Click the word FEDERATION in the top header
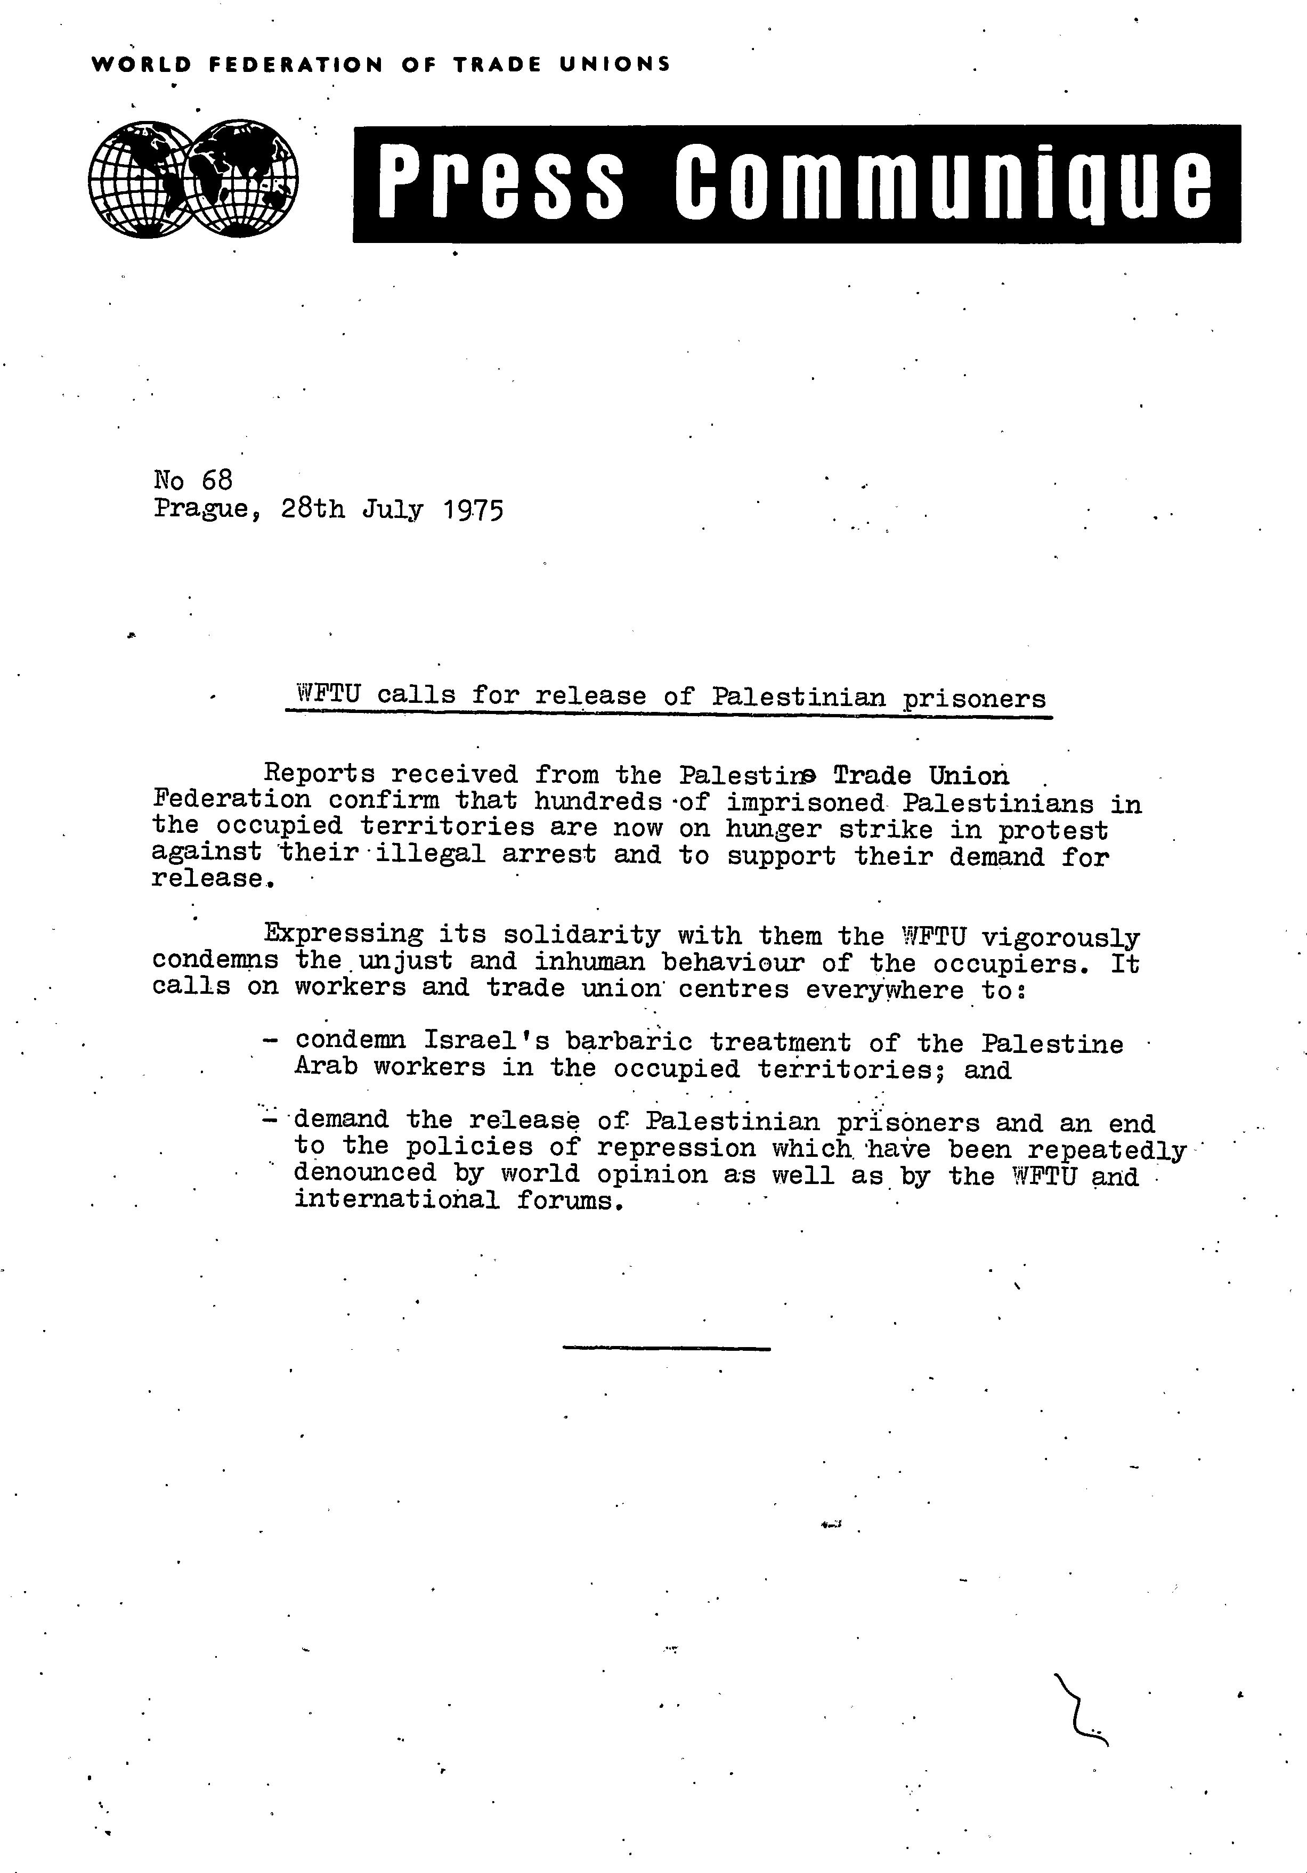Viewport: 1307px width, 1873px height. point(295,64)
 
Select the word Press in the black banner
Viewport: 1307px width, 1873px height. point(502,183)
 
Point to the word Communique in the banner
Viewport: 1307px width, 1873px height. point(943,183)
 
